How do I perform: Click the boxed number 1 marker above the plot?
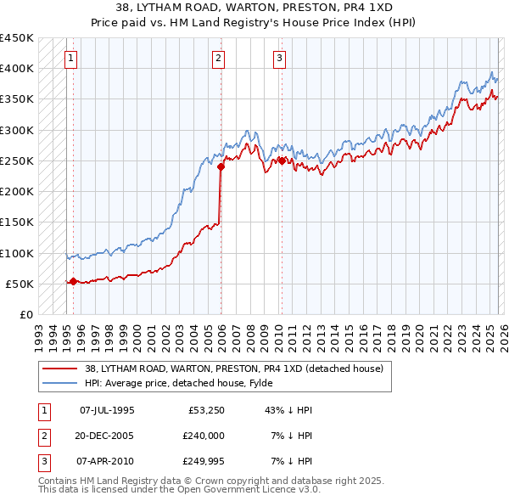[x=70, y=59]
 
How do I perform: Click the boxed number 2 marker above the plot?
[x=219, y=59]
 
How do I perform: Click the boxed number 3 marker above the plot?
[x=279, y=59]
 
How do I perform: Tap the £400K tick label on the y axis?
[x=17, y=69]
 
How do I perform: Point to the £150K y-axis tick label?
[x=17, y=222]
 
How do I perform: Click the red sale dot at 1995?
[x=73, y=281]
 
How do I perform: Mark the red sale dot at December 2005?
[x=221, y=166]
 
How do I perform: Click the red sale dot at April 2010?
[x=281, y=160]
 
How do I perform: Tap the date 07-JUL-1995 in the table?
[x=106, y=410]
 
